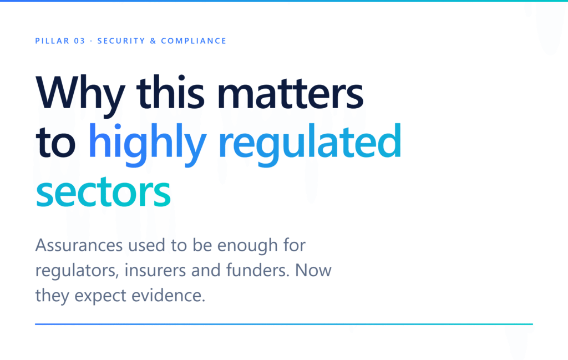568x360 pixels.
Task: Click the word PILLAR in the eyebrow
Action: coord(52,41)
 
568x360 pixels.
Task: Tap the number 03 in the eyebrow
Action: coord(80,41)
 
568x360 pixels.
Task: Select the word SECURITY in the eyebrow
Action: coord(121,41)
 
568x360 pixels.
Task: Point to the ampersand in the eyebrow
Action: coord(153,41)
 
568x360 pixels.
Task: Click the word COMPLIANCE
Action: coord(194,41)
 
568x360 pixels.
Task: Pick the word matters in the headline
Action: coord(290,93)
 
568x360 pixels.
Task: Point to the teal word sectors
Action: coord(103,192)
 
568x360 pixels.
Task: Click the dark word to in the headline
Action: coord(55,143)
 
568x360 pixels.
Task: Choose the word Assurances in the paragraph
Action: coord(79,245)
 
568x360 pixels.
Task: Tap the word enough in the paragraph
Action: coord(247,247)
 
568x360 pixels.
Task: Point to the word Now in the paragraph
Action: coord(313,271)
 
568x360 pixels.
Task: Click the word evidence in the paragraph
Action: coord(168,295)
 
